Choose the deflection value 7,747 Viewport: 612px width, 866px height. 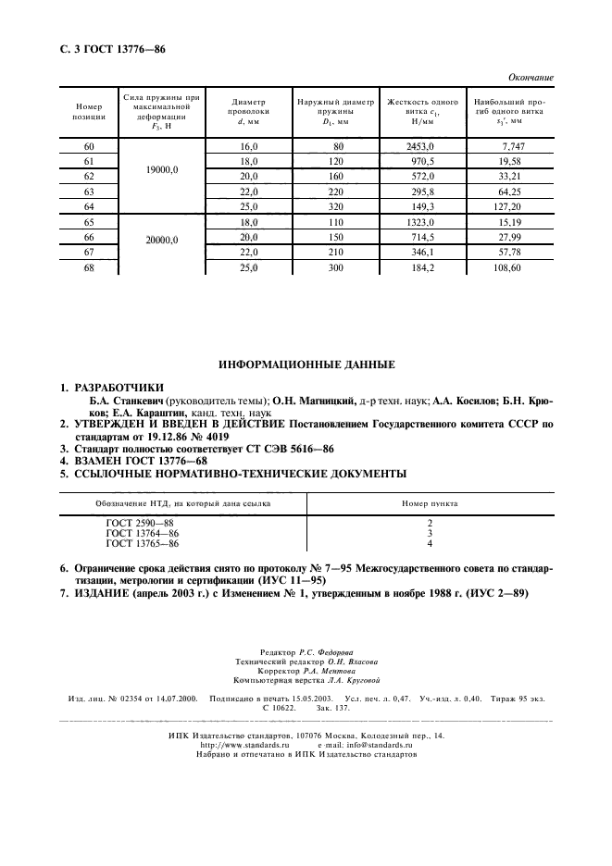(x=512, y=147)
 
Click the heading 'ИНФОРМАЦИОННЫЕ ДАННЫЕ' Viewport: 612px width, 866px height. (x=306, y=365)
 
